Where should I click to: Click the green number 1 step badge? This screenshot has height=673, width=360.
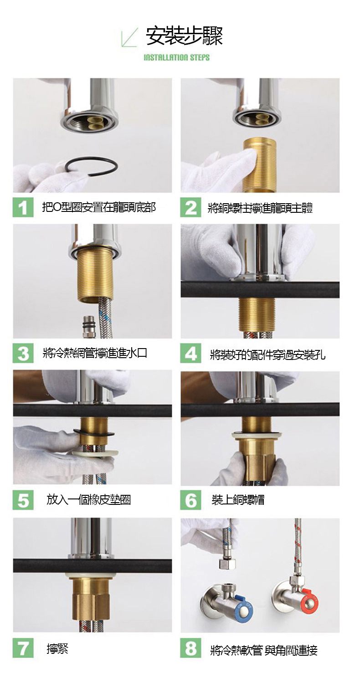point(23,207)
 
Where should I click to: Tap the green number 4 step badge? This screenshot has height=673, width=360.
point(190,354)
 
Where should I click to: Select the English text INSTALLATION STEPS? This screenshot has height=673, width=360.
point(177,57)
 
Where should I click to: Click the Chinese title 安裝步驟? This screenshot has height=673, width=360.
point(184,36)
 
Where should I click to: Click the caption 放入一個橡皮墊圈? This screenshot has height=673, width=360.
point(89,500)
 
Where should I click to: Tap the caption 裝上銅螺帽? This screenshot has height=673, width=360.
point(238,500)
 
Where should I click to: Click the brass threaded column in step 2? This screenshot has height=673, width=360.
point(260,164)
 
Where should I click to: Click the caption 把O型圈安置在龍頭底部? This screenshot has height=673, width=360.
point(99,207)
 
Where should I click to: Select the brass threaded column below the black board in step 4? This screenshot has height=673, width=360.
point(257,313)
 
